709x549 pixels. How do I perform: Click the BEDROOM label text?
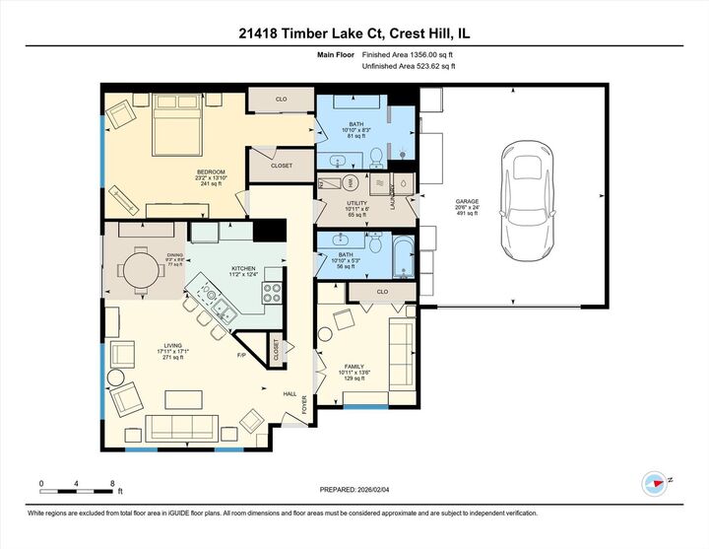[211, 172]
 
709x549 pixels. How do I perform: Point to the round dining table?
[145, 269]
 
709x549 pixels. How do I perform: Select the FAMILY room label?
[354, 366]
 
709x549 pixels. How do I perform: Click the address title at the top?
[354, 32]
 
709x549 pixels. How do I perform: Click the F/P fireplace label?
[241, 355]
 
